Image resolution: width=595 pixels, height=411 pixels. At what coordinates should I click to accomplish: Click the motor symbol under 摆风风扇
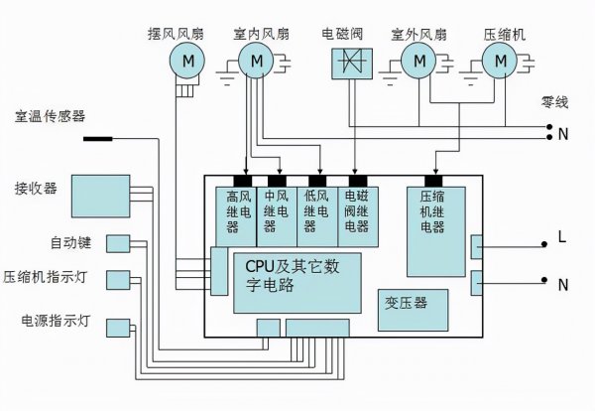pos(185,63)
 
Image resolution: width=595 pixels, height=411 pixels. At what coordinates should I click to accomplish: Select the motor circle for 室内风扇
pos(258,63)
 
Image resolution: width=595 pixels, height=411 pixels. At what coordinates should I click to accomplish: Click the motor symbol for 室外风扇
pos(419,63)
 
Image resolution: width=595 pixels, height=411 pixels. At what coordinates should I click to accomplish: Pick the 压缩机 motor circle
pos(501,63)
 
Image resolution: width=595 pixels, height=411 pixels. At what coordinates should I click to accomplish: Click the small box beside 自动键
pos(118,243)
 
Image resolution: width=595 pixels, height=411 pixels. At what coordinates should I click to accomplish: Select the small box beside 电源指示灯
pos(118,326)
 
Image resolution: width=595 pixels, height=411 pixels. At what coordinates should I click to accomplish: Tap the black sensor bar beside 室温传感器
pos(96,137)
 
